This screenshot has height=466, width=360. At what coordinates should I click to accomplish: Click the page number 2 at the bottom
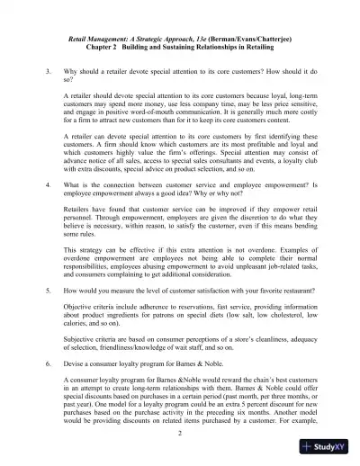click(180, 434)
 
